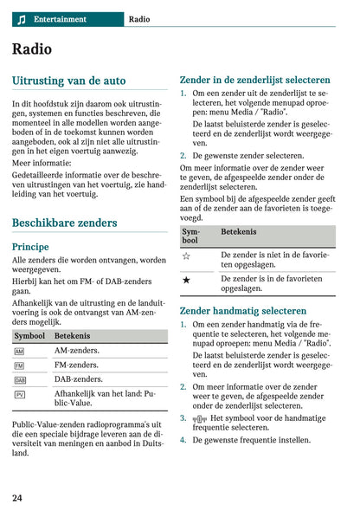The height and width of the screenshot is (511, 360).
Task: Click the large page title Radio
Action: pyautogui.click(x=32, y=49)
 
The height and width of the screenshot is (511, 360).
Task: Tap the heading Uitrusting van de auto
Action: pyautogui.click(x=68, y=81)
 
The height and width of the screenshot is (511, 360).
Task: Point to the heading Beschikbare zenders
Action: pyautogui.click(x=64, y=223)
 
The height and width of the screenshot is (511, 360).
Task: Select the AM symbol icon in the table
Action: pyautogui.click(x=20, y=351)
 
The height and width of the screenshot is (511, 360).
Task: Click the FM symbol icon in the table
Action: pyautogui.click(x=20, y=365)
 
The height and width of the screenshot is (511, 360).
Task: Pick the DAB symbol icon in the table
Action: pyautogui.click(x=20, y=379)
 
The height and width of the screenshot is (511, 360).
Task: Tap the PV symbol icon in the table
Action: pyautogui.click(x=20, y=394)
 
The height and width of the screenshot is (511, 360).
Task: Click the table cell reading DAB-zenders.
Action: pyautogui.click(x=78, y=379)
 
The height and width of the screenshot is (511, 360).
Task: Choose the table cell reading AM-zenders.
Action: pyautogui.click(x=76, y=351)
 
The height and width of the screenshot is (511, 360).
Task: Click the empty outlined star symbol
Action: pyautogui.click(x=186, y=256)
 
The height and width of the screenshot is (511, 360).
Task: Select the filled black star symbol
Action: pyautogui.click(x=186, y=281)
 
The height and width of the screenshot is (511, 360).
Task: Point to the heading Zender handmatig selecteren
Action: pyautogui.click(x=242, y=311)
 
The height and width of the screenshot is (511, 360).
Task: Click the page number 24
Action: pyautogui.click(x=17, y=497)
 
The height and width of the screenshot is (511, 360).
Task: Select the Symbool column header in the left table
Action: pyautogui.click(x=29, y=334)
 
